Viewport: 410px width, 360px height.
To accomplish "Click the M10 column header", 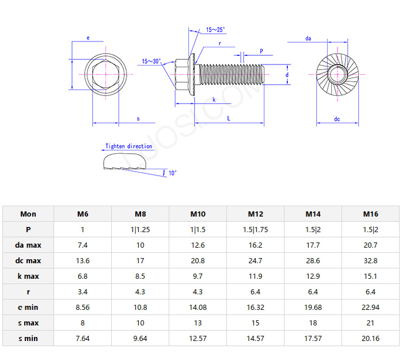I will (x=198, y=214).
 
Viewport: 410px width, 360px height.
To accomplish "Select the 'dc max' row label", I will (x=28, y=260).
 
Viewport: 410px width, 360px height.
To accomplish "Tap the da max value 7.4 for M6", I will (x=82, y=245).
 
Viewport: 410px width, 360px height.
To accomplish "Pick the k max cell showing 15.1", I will (x=370, y=276).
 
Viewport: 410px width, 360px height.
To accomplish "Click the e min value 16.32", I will (x=255, y=307).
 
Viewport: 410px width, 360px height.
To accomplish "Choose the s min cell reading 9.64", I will (x=140, y=338).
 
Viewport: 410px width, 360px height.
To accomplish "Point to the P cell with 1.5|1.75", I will (x=255, y=229).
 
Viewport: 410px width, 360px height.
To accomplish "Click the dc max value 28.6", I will (x=313, y=260).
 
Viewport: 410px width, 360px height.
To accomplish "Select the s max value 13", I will (x=198, y=323).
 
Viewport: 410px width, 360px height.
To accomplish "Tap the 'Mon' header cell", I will (x=28, y=214).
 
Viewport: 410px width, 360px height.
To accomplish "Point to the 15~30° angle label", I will (x=151, y=61).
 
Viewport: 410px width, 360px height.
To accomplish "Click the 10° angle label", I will (x=172, y=173).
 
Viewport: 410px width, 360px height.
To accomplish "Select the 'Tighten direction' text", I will (x=128, y=146).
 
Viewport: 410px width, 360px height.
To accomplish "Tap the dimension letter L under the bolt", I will (x=229, y=118).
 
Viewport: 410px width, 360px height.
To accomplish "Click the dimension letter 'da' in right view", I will (x=308, y=39).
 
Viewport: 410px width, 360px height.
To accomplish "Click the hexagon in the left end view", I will (x=105, y=75).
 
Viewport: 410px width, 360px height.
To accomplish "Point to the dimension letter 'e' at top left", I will (x=88, y=38).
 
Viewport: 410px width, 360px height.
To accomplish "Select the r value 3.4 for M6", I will (x=82, y=291).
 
